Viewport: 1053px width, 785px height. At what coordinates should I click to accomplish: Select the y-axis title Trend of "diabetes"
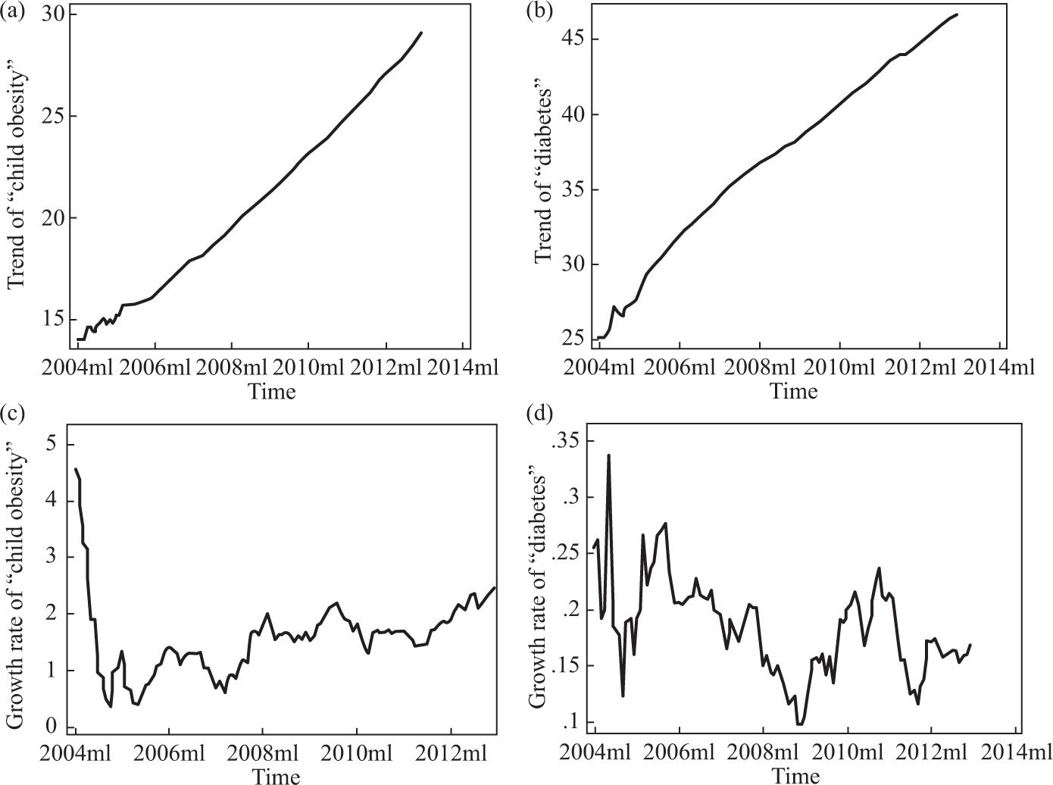543,176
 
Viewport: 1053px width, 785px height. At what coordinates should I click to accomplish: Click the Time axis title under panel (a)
272,391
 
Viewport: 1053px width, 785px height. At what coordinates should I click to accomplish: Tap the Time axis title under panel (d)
795,775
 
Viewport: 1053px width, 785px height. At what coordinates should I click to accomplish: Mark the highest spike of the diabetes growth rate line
608,455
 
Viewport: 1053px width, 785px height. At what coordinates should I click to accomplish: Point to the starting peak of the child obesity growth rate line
76,469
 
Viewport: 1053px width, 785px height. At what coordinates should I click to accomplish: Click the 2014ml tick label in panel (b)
998,367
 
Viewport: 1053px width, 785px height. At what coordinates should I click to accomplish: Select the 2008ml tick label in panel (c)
263,754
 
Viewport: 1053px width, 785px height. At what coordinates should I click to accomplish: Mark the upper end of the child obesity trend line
421,33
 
